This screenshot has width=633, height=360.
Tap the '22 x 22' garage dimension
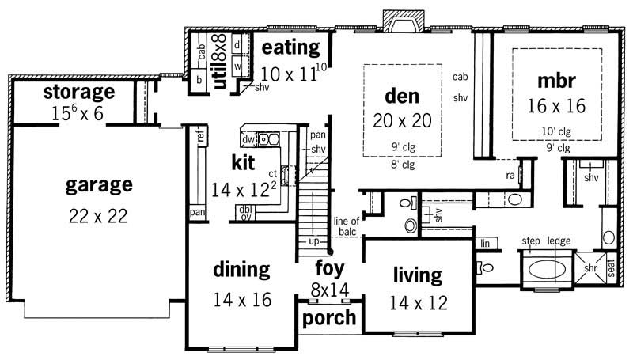tap(98, 216)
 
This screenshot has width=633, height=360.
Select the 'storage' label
tap(78, 91)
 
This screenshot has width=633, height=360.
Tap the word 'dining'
tap(241, 269)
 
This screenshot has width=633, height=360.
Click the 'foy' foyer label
tap(330, 267)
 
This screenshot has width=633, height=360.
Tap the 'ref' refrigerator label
tap(200, 138)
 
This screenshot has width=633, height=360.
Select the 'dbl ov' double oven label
tap(245, 212)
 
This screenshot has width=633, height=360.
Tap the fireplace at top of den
tap(394, 21)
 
